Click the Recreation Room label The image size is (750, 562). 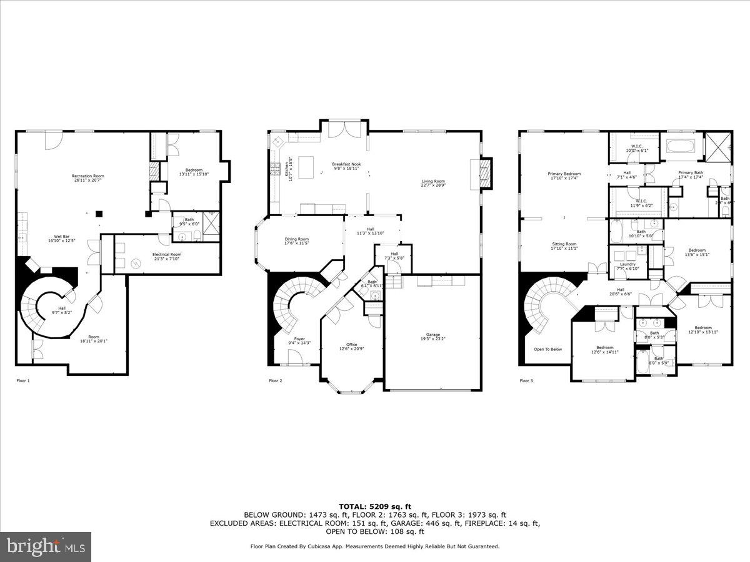[87, 176]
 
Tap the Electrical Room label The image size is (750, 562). [167, 255]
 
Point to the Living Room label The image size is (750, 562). [432, 182]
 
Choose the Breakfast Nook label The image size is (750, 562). [346, 164]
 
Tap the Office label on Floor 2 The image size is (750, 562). [352, 344]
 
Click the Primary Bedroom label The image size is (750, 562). [564, 174]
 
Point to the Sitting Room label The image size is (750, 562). [564, 244]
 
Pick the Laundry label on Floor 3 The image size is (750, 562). [627, 264]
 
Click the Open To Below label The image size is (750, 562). [547, 349]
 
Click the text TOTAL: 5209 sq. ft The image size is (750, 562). [375, 506]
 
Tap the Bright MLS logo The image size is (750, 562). [46, 547]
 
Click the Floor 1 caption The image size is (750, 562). [22, 380]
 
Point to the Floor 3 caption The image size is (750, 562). [526, 380]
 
